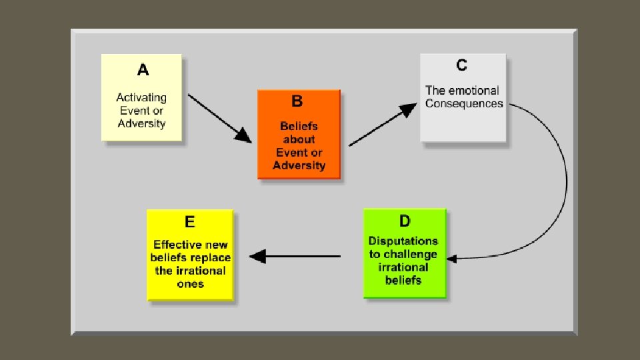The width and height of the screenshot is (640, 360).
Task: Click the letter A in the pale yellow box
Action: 143,70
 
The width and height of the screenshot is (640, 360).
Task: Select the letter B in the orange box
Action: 297,101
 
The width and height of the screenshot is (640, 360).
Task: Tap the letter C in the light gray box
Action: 461,65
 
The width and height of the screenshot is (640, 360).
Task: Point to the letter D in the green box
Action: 405,221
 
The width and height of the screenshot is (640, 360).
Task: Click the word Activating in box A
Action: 141,97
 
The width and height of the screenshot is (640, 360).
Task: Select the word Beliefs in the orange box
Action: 299,126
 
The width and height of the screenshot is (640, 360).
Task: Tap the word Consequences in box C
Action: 464,104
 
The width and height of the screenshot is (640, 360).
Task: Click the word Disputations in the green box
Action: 403,241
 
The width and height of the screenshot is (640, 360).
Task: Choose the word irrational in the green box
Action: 403,267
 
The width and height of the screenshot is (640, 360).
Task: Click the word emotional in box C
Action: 473,91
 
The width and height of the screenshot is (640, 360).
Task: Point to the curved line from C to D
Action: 565,180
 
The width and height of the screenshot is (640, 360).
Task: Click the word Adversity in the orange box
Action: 299,165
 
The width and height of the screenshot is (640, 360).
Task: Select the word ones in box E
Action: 191,283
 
